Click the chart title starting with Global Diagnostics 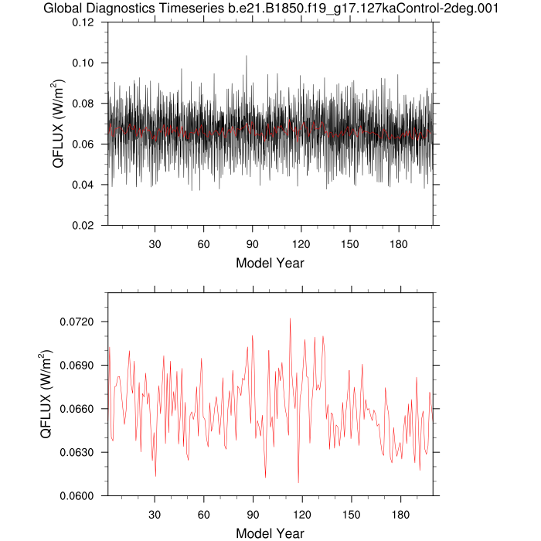270,9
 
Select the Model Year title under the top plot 270,263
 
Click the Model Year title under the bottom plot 270,533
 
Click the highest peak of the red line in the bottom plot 290,318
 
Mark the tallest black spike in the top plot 246,56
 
